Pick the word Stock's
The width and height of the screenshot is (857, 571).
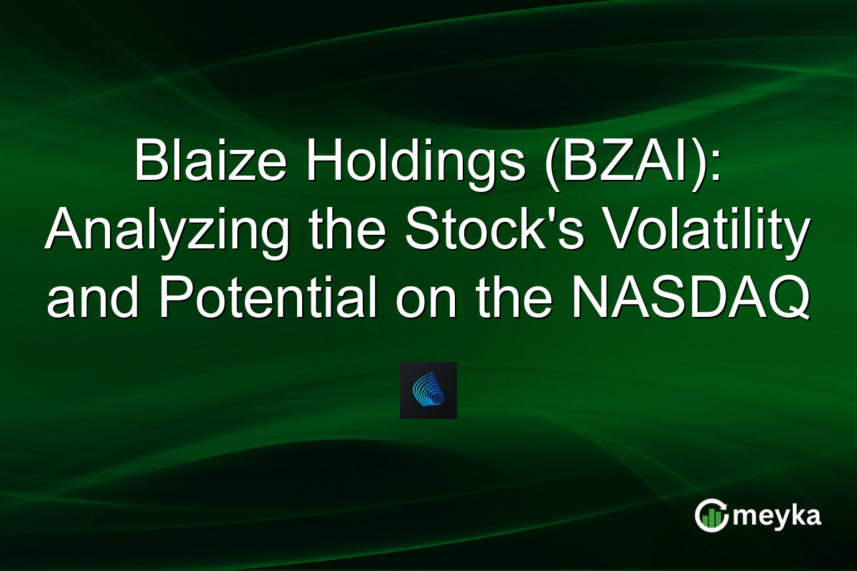coord(486,232)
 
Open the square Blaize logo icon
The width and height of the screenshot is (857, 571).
coord(428,390)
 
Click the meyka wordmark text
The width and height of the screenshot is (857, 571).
coord(778,516)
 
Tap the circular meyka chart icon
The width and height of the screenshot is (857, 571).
coord(711,516)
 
